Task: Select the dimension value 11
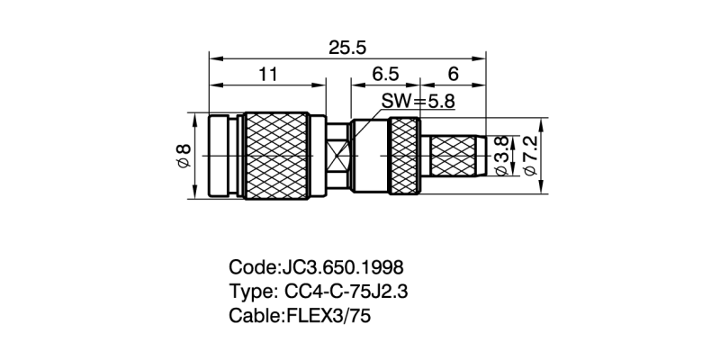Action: tap(267, 76)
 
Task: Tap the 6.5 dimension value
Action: tap(385, 76)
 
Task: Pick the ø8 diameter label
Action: tap(183, 156)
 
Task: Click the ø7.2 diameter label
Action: tap(530, 155)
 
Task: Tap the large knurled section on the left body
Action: tap(277, 156)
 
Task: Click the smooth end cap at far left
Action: tap(226, 156)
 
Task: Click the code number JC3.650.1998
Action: tap(343, 268)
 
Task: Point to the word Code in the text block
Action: tap(253, 268)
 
